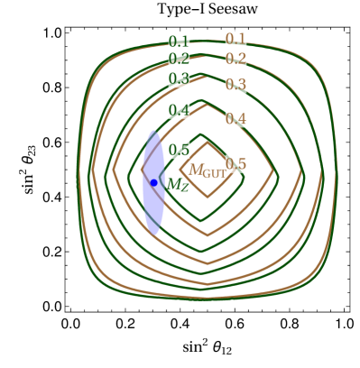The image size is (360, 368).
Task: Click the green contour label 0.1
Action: point(179,41)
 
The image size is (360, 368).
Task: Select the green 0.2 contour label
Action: point(179,59)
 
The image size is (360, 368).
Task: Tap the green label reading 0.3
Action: point(179,78)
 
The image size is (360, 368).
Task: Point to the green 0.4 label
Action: point(179,111)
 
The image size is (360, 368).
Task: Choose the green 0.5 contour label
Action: point(179,150)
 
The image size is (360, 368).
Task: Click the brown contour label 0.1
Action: point(235,39)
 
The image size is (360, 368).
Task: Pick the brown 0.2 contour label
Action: point(235,59)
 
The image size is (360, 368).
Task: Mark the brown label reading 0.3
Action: point(235,84)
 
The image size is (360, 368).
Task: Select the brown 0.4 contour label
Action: point(235,118)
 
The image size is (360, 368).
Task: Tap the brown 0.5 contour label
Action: point(235,163)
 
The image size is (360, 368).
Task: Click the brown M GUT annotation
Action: point(206,170)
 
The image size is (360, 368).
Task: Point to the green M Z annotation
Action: point(178,185)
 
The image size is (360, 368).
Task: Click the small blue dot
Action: point(153,182)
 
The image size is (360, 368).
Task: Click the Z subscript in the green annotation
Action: point(184,188)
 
